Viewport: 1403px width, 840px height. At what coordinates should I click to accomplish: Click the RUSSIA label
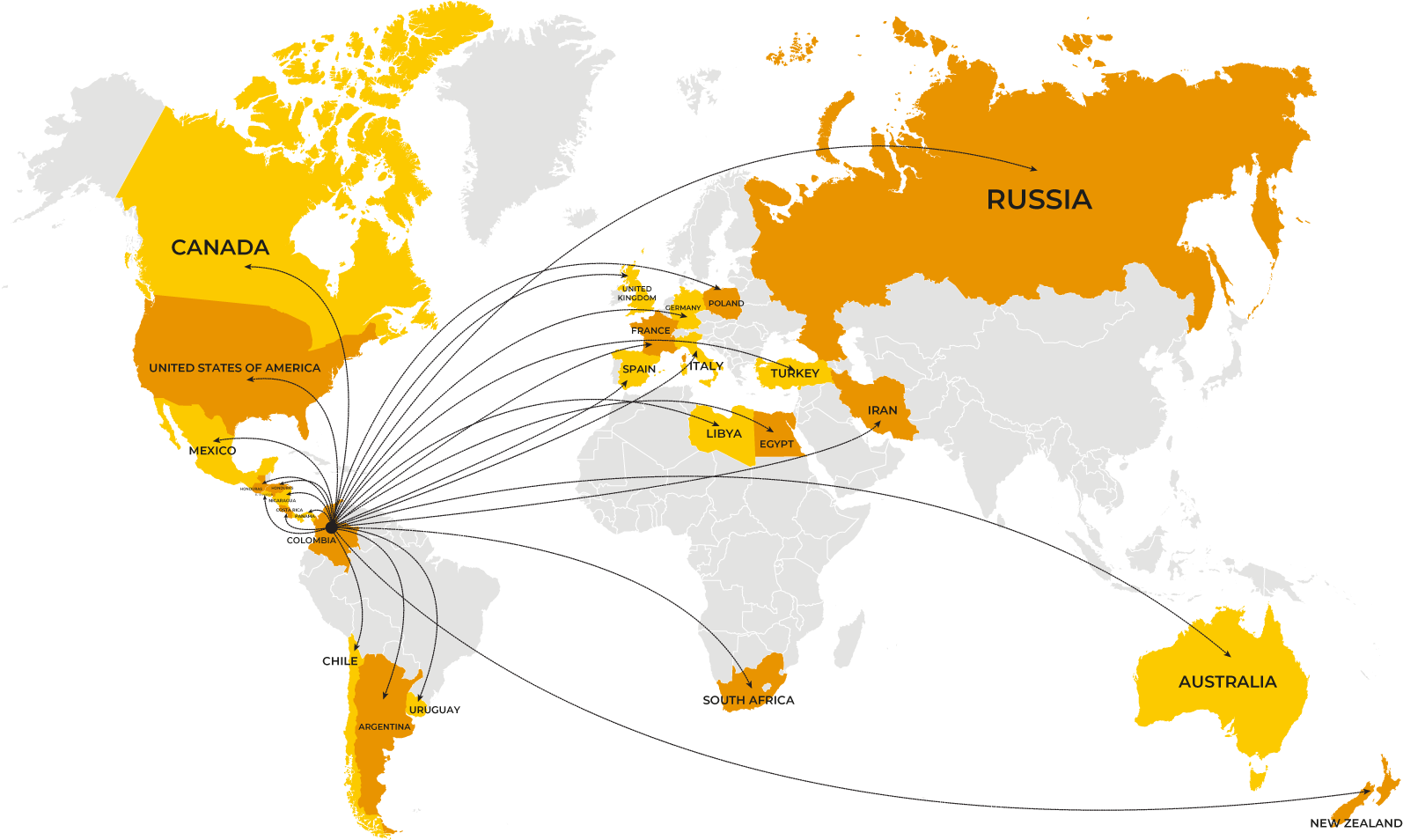pyautogui.click(x=1039, y=200)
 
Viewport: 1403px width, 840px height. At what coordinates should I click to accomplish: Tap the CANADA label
pyautogui.click(x=220, y=247)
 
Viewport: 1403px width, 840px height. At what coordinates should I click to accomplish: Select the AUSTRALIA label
pyautogui.click(x=1227, y=682)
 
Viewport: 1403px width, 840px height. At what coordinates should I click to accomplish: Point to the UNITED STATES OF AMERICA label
pyautogui.click(x=234, y=368)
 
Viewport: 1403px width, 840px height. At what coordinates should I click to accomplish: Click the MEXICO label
pyautogui.click(x=213, y=451)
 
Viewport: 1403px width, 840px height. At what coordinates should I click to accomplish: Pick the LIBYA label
pyautogui.click(x=724, y=433)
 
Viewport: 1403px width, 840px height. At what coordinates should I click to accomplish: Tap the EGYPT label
pyautogui.click(x=776, y=444)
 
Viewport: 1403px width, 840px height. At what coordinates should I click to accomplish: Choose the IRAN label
pyautogui.click(x=882, y=410)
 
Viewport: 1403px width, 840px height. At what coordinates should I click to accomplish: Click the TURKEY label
pyautogui.click(x=795, y=373)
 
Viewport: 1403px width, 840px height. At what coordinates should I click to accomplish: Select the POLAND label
pyautogui.click(x=726, y=304)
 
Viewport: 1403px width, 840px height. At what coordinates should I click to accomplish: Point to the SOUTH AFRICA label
pyautogui.click(x=748, y=700)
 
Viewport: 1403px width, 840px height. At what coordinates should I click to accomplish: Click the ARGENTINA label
pyautogui.click(x=385, y=727)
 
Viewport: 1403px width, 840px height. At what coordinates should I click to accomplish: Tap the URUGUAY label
pyautogui.click(x=434, y=710)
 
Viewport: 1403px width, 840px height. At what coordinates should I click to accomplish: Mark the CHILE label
pyautogui.click(x=340, y=661)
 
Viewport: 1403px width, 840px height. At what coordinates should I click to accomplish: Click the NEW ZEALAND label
pyautogui.click(x=1355, y=823)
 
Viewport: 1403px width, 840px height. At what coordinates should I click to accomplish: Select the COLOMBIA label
pyautogui.click(x=311, y=540)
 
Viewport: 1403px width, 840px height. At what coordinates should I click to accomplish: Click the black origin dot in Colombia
pyautogui.click(x=331, y=527)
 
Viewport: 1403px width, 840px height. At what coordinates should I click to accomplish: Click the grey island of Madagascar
pyautogui.click(x=848, y=638)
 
